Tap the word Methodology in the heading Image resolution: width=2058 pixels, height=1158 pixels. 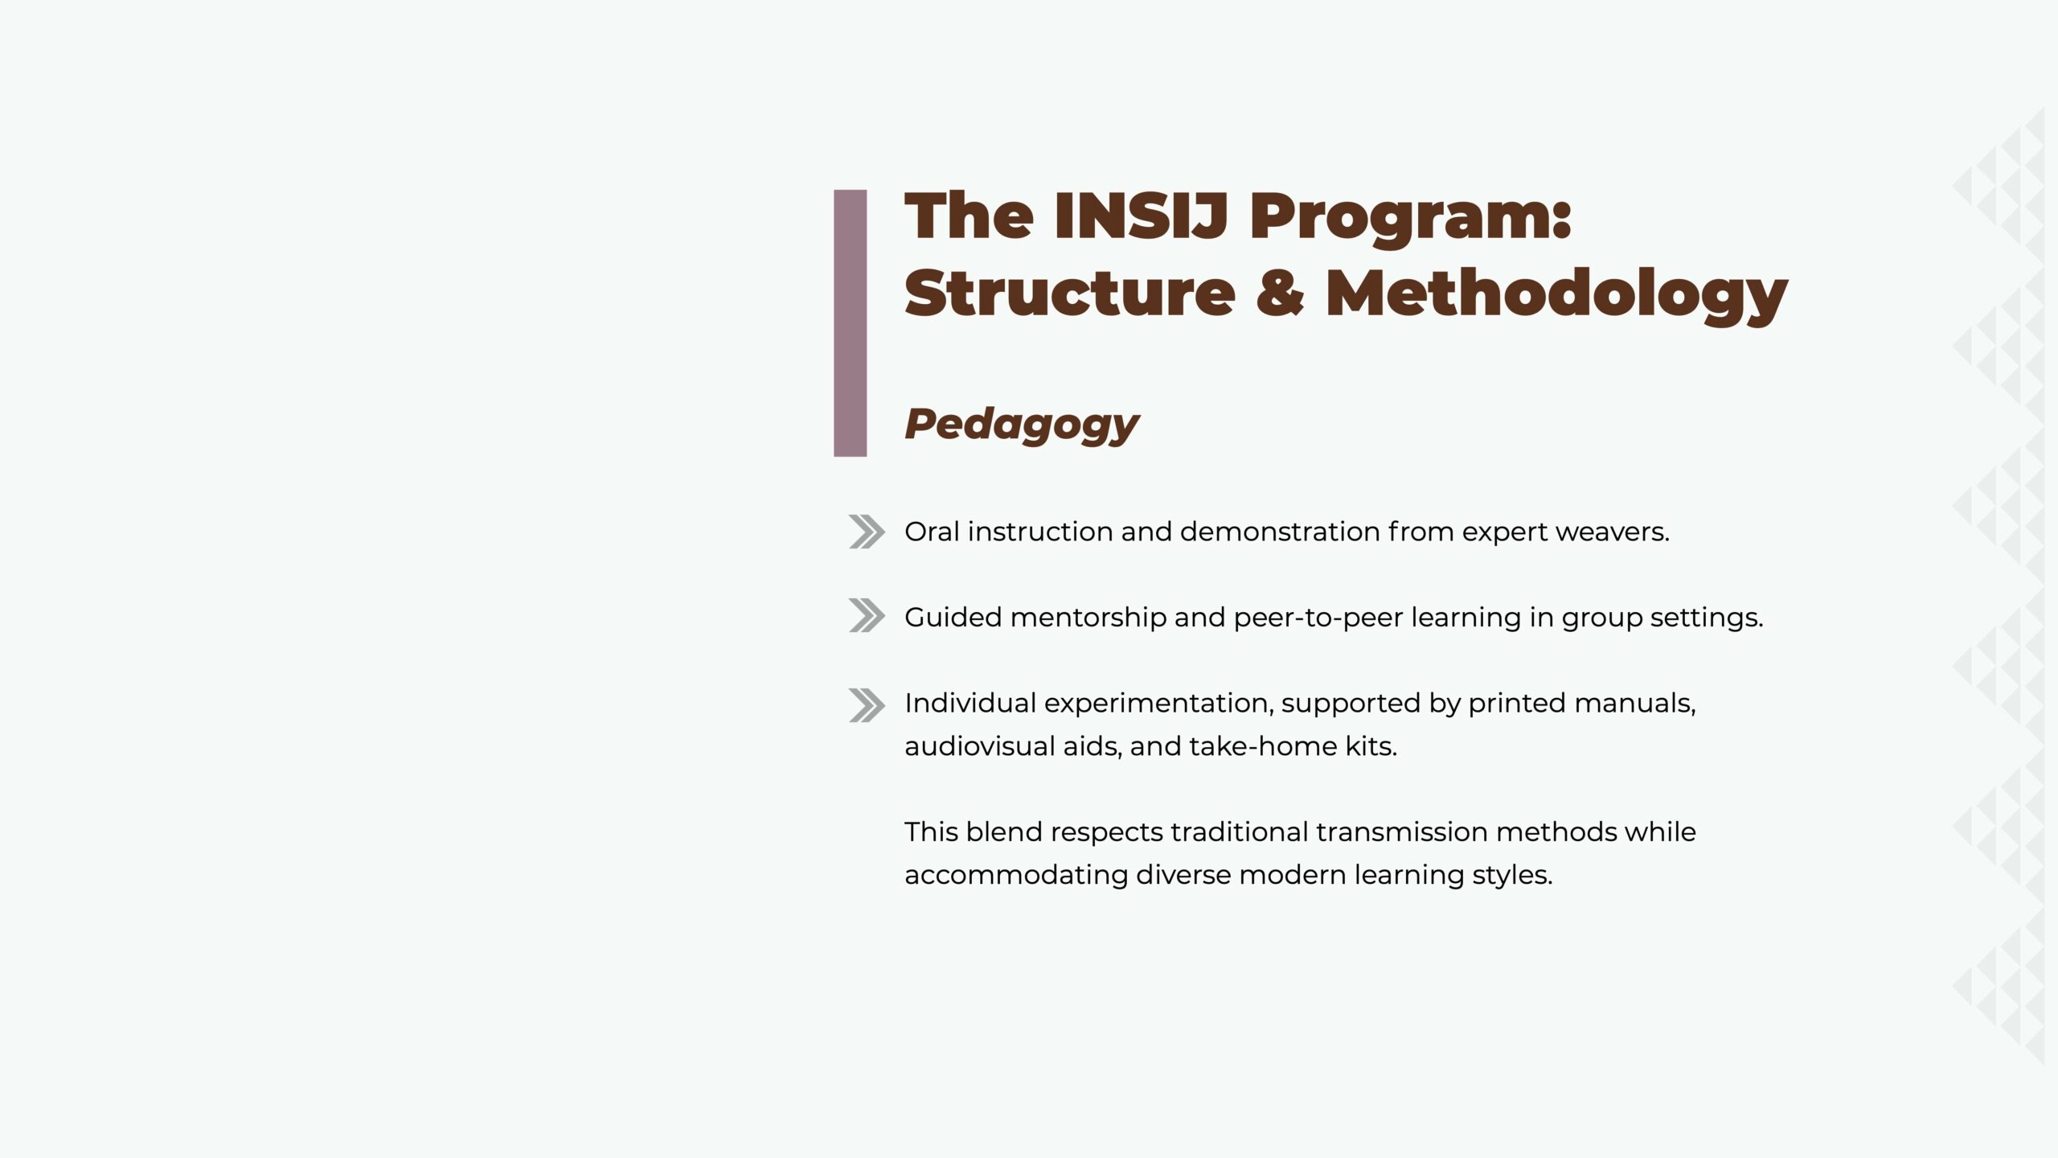(x=1556, y=294)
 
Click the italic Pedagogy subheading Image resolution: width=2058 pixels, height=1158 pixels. (x=1022, y=425)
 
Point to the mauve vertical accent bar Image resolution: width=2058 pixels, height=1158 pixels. (x=850, y=323)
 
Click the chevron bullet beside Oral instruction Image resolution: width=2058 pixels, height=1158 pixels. (x=867, y=532)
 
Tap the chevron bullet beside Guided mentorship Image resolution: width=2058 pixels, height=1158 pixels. (x=867, y=616)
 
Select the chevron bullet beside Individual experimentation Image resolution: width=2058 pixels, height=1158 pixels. (x=867, y=705)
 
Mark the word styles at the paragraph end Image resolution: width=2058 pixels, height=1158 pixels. (x=1512, y=876)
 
